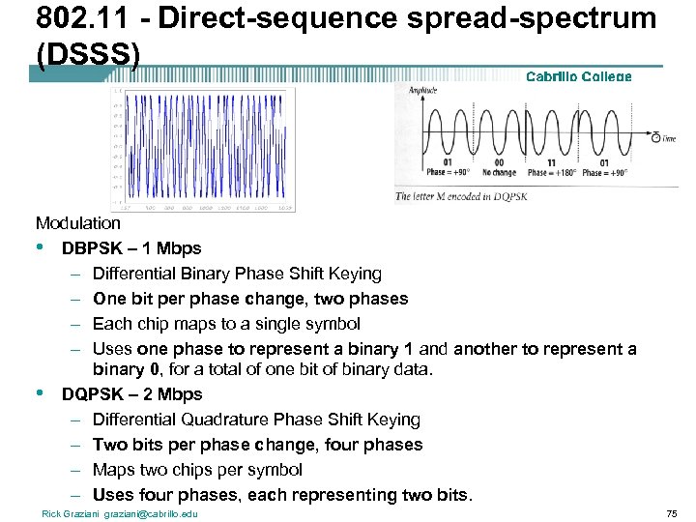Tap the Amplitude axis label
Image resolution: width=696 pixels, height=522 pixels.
(x=424, y=91)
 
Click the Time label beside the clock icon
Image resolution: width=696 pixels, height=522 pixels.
(x=670, y=139)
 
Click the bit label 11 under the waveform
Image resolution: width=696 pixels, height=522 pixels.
(x=551, y=162)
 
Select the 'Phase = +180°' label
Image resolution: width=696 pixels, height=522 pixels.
(x=551, y=173)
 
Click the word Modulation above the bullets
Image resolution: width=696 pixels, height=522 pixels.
(x=78, y=223)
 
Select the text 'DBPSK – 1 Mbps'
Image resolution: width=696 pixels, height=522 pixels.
(x=131, y=248)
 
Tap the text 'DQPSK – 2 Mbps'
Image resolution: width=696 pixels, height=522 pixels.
(x=131, y=394)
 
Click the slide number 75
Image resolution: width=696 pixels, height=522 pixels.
(x=671, y=513)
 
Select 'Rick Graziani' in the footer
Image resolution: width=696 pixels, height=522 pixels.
(x=71, y=513)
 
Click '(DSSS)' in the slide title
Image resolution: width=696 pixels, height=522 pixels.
(x=88, y=53)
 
